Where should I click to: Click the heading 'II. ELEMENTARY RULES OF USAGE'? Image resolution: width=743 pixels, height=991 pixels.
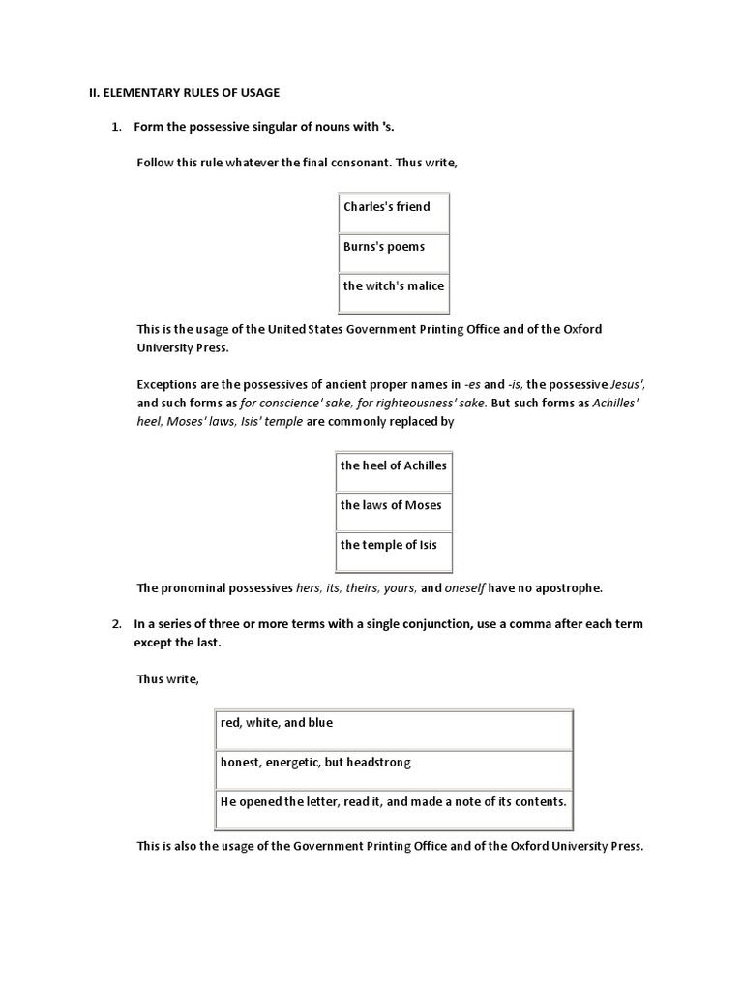coord(178,92)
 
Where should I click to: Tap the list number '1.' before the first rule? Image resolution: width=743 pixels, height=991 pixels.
coord(117,128)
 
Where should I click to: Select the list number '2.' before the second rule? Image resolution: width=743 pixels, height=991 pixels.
coord(117,624)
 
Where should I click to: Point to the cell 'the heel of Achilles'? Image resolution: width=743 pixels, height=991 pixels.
coord(394,465)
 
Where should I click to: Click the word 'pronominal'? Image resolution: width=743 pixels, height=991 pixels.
coord(193,587)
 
